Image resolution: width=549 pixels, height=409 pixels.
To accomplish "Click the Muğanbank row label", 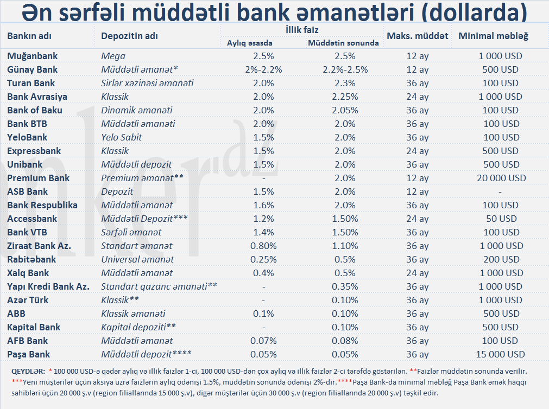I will coord(33,56).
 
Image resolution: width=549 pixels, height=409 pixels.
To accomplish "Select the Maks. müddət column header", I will coord(417,36).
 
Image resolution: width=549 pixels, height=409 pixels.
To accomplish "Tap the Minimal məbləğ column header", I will coord(494,36).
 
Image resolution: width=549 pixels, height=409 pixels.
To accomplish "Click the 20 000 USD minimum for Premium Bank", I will coord(502,178).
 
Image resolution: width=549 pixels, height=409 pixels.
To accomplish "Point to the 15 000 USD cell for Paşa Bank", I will coord(502,354).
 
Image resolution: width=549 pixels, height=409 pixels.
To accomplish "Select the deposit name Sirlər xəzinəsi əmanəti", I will coord(147,83).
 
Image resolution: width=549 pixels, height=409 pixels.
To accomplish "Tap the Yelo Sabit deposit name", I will coord(122,137).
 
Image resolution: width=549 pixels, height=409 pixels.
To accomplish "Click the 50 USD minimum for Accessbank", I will coord(502,219).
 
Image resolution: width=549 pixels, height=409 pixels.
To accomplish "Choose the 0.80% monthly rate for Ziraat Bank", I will coord(263,246).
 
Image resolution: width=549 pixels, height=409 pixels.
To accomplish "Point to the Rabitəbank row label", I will coord(31,259).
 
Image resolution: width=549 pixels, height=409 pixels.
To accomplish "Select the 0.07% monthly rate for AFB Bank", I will coord(263,341).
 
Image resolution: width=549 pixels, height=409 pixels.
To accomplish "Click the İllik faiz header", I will coord(301,30).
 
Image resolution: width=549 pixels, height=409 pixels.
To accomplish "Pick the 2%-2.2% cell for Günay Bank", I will coord(263,69).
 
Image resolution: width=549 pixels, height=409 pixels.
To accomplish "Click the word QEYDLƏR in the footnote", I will coord(28,371).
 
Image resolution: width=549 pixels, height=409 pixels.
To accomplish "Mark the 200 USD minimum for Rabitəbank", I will coord(502,259).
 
